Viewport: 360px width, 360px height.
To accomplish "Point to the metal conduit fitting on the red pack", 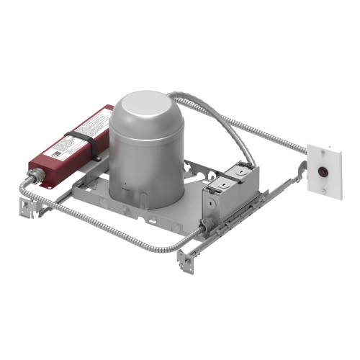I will [x=35, y=176].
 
